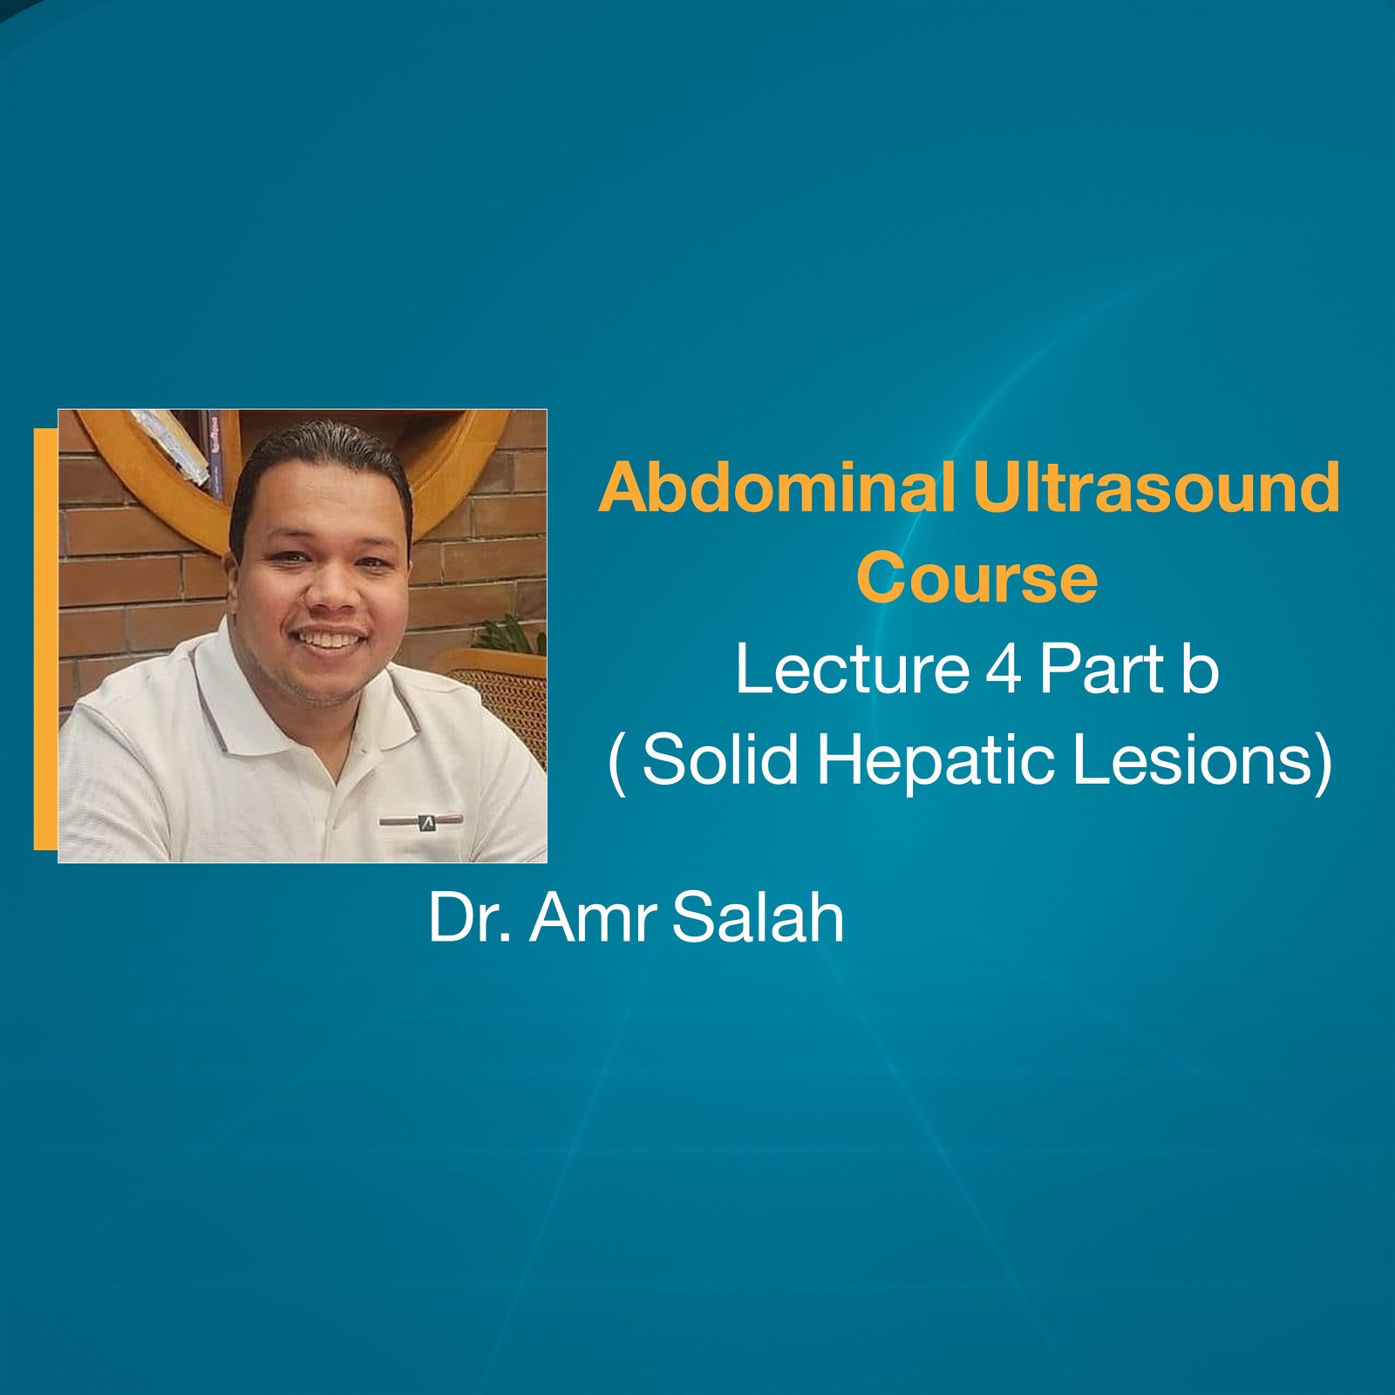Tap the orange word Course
(x=976, y=578)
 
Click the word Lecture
(x=852, y=670)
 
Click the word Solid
(x=720, y=759)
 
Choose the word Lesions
(x=1193, y=759)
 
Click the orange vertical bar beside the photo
(x=45, y=638)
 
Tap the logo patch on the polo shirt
(x=422, y=821)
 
